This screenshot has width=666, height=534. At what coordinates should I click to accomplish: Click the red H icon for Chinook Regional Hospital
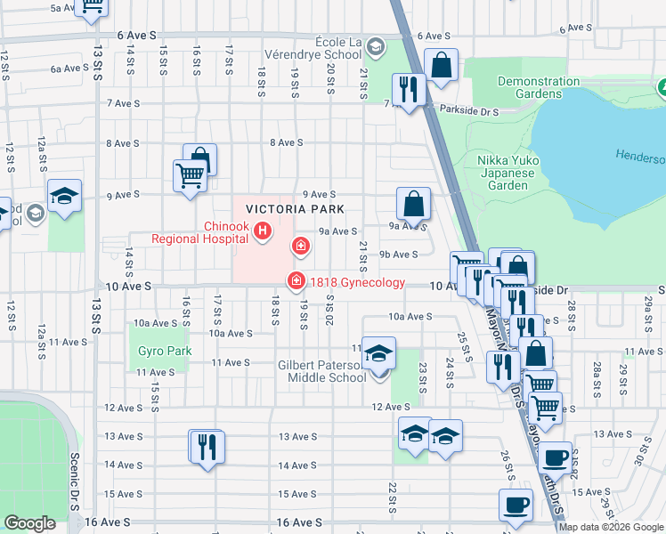click(263, 232)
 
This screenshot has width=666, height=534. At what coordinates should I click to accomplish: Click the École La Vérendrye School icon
click(376, 46)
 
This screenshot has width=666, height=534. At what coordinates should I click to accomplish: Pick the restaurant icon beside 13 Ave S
click(207, 446)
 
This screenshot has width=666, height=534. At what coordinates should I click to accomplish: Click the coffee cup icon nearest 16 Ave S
click(516, 506)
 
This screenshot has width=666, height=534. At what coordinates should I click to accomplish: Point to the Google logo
click(29, 523)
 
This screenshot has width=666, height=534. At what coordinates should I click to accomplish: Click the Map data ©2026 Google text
click(611, 527)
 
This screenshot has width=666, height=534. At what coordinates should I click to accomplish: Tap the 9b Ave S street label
click(399, 255)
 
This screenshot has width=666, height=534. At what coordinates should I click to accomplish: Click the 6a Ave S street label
click(69, 69)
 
